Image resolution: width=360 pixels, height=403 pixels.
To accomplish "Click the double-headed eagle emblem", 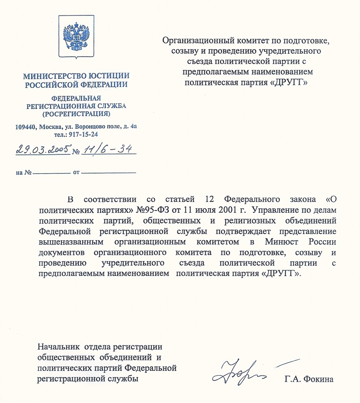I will click(77, 37).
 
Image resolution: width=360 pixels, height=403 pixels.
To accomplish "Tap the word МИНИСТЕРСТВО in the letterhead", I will click(50, 76).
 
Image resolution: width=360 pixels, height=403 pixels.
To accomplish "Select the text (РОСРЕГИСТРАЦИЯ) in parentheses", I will click(76, 114).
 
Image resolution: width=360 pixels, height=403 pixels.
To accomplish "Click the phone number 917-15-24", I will click(81, 134).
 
